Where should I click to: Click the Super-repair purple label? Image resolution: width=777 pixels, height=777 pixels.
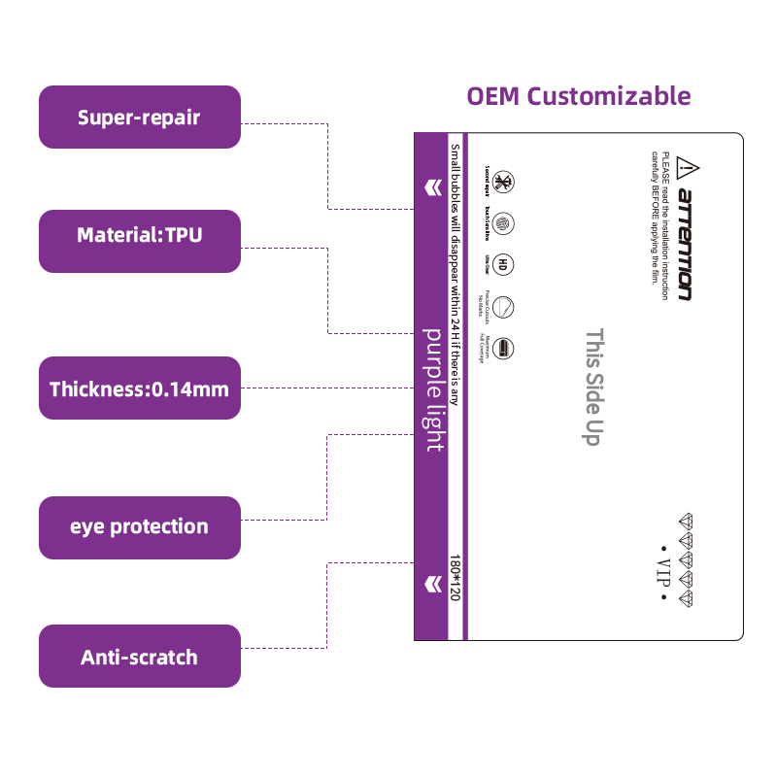tap(139, 118)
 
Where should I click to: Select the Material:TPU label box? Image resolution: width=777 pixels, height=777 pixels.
tap(139, 234)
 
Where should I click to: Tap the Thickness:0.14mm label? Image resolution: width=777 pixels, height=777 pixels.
tap(139, 389)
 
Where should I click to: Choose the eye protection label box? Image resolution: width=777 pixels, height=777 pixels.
tap(139, 527)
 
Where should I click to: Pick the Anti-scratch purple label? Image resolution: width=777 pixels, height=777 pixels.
tap(139, 657)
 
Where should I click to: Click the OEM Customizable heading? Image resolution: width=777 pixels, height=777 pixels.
tap(579, 96)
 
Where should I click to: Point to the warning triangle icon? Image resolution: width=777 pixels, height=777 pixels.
tap(687, 166)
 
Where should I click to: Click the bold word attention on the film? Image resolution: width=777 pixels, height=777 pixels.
tap(686, 244)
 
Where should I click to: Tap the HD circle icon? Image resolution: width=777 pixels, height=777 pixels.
tap(503, 263)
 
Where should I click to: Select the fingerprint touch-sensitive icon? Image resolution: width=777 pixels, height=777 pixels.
tap(503, 222)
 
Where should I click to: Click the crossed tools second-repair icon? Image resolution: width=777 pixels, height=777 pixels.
tap(503, 182)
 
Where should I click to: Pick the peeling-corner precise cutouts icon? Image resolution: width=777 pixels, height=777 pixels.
tap(503, 307)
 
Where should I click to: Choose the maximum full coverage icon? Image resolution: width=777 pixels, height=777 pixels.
tap(503, 348)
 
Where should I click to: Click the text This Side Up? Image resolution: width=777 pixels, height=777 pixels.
tap(592, 386)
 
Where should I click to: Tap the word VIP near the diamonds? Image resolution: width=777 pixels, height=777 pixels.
tap(664, 569)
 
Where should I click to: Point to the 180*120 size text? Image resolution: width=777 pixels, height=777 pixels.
tap(455, 577)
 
